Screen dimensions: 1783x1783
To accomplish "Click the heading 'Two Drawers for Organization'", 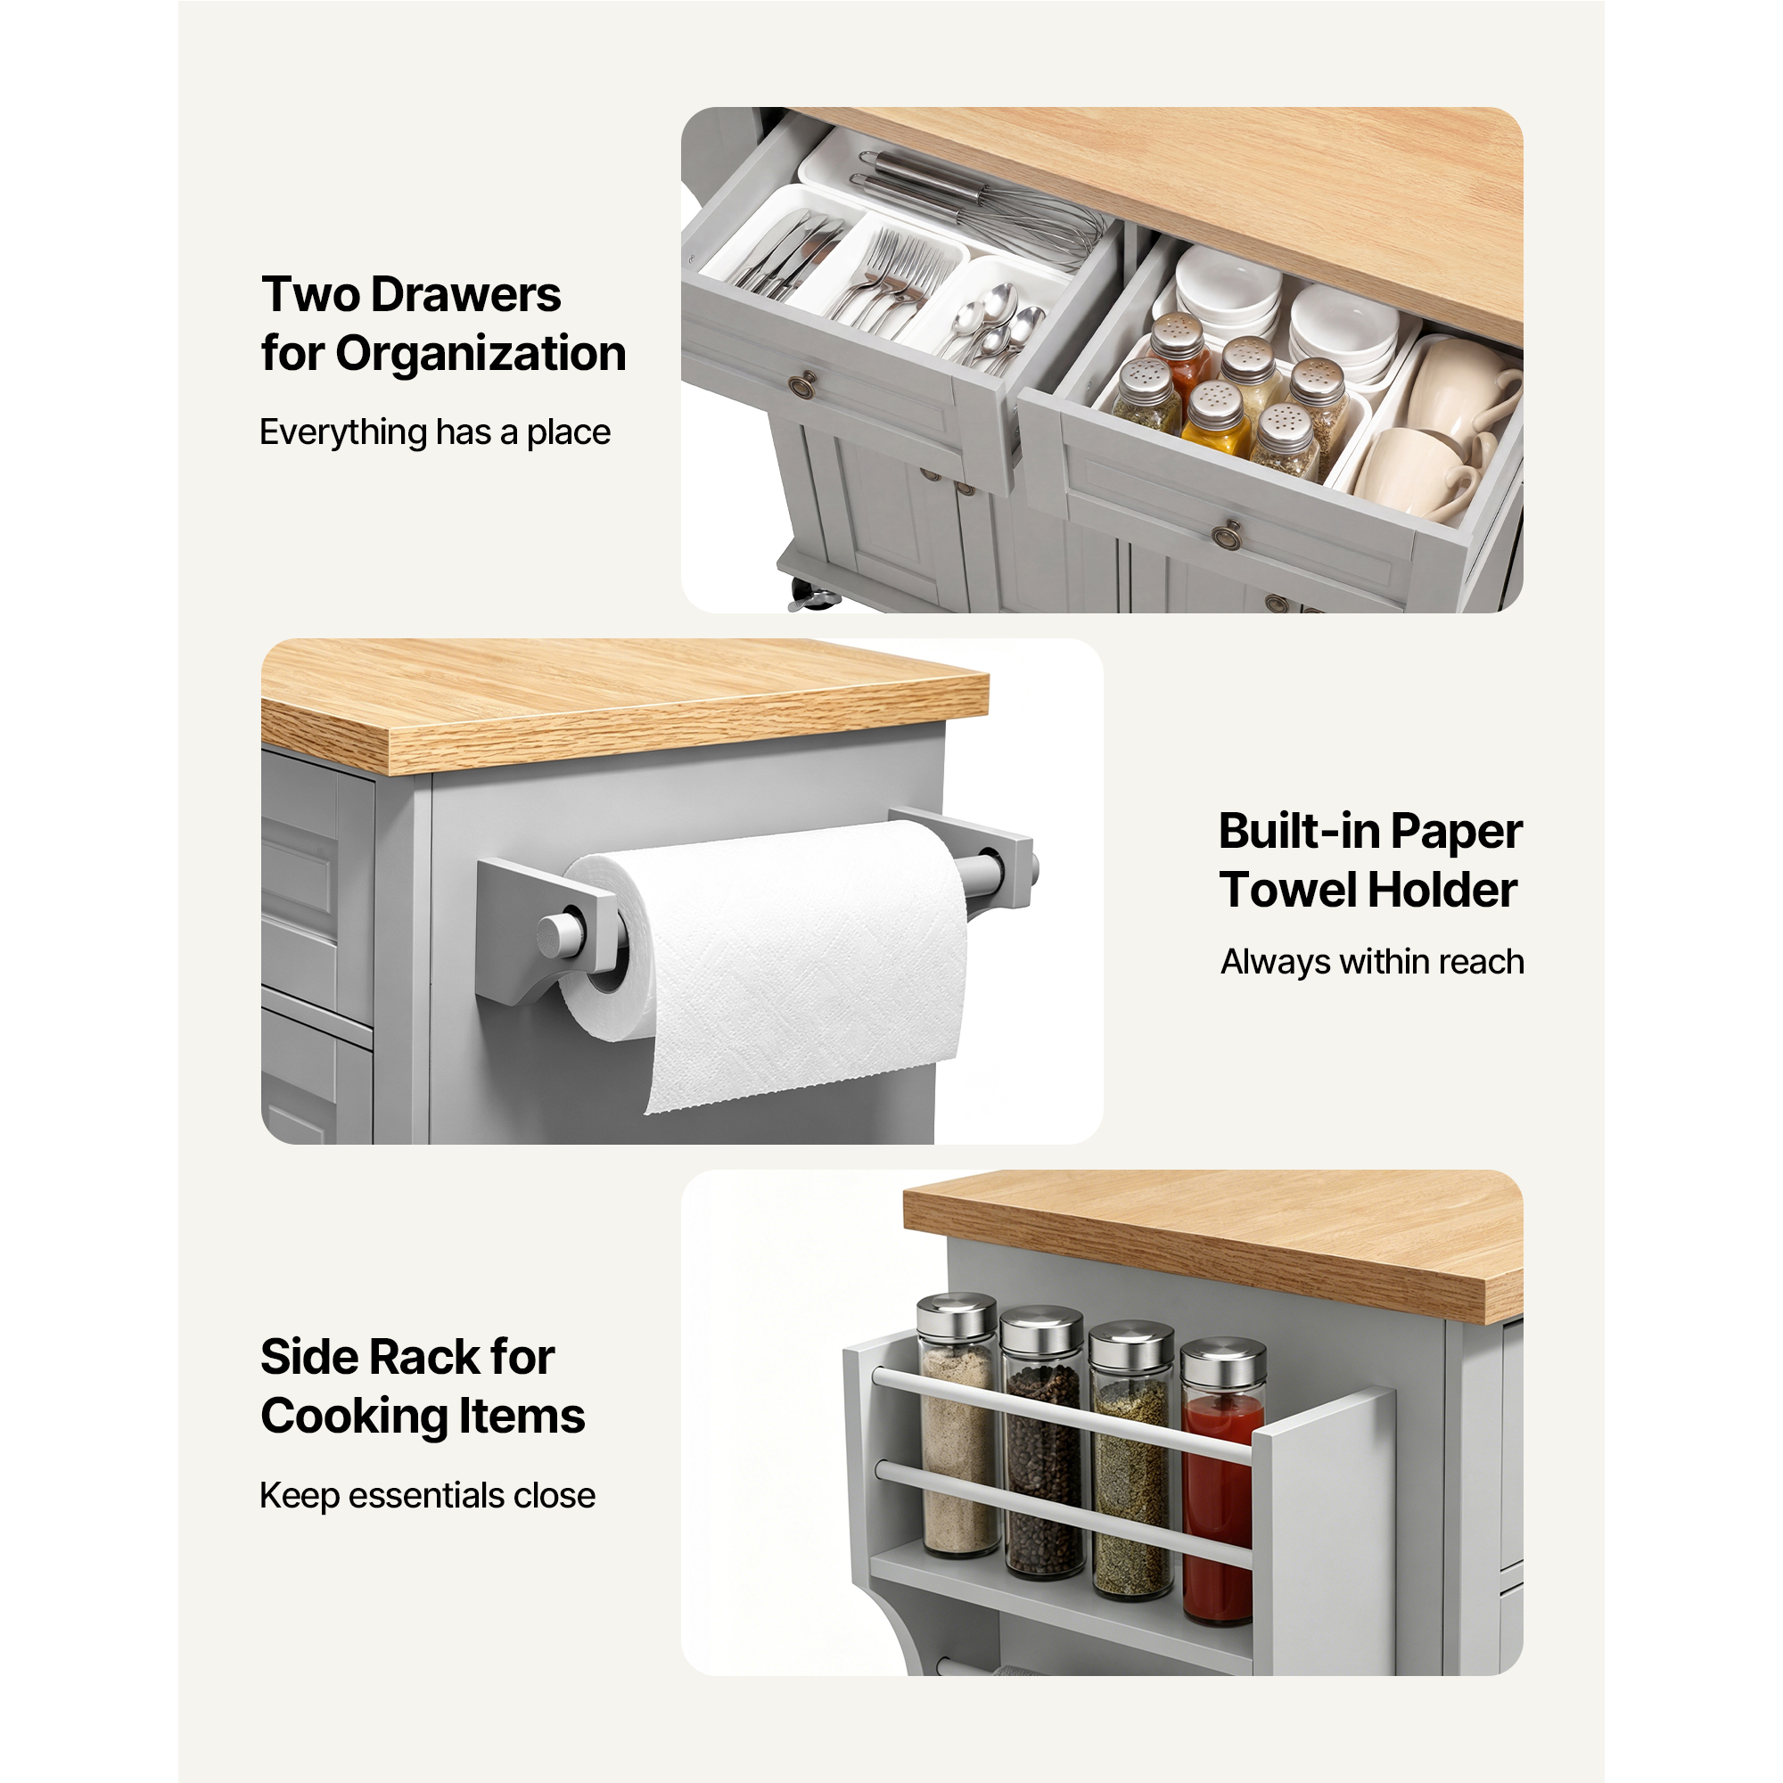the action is [443, 324].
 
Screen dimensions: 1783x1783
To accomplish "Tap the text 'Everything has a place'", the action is [435, 431].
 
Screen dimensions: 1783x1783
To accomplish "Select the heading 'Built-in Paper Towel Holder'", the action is [1369, 860].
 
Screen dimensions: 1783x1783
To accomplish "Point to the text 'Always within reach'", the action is [1371, 962].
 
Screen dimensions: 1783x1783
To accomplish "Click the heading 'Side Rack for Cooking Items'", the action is [422, 1386].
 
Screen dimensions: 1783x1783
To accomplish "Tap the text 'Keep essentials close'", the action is [427, 1495].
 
